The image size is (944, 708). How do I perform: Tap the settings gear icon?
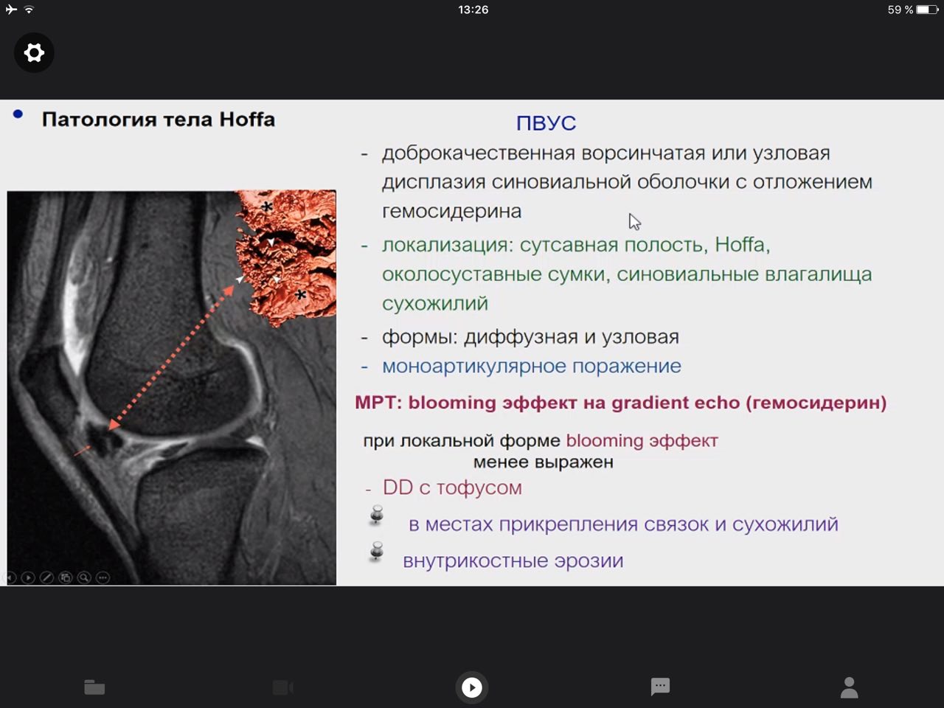pos(34,53)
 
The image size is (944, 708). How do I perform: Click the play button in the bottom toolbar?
pos(472,687)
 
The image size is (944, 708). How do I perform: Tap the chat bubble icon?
pos(660,687)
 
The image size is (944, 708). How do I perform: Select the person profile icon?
pos(849,688)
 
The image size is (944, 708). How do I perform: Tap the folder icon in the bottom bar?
pos(94,687)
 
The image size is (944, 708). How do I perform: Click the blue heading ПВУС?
pos(546,123)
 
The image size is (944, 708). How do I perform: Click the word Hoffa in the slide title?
pos(247,119)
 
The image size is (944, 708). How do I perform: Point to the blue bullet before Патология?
pos(18,114)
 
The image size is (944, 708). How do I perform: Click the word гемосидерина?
pos(451,211)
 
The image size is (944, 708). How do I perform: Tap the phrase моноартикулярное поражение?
pos(532,367)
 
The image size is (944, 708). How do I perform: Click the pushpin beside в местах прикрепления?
pos(377,515)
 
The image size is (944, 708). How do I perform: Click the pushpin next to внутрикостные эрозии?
pos(377,552)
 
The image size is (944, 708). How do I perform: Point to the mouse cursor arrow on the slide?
pos(634,222)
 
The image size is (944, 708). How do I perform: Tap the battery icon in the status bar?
pos(927,10)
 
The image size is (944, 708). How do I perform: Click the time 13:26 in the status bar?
pos(473,10)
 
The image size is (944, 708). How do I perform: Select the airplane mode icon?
pos(11,9)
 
